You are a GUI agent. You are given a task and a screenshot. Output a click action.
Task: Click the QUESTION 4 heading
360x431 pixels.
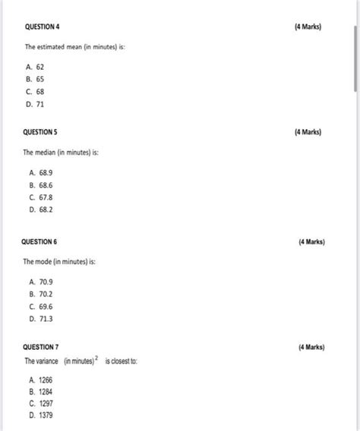pyautogui.click(x=43, y=27)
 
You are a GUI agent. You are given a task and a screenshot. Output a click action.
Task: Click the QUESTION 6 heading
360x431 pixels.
pyautogui.click(x=43, y=242)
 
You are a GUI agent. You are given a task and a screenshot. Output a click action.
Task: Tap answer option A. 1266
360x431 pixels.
pyautogui.click(x=43, y=379)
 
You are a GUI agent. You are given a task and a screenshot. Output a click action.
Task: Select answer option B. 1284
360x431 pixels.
pyautogui.click(x=43, y=392)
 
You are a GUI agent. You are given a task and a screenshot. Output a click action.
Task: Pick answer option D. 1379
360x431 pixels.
pyautogui.click(x=43, y=415)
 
